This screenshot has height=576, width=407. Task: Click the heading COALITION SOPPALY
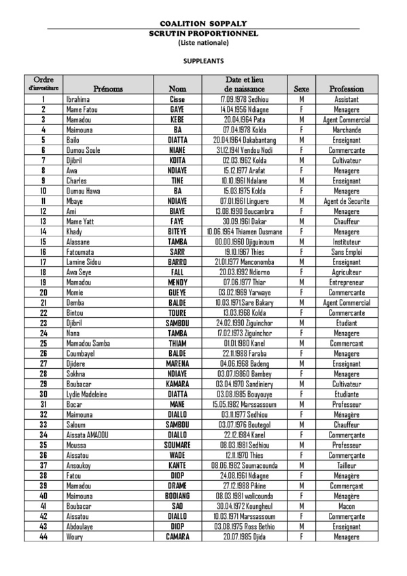click(x=203, y=23)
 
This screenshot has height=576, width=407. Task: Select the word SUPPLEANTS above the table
click(x=203, y=60)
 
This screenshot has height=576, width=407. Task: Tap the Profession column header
click(x=347, y=89)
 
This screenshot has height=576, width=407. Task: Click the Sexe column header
click(x=301, y=89)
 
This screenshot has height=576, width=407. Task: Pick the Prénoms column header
click(x=108, y=89)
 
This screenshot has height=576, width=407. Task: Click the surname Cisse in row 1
click(x=177, y=99)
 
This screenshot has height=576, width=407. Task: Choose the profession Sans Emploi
click(x=347, y=252)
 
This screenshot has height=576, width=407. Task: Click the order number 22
click(x=43, y=313)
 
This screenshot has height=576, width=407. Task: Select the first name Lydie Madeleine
click(x=88, y=395)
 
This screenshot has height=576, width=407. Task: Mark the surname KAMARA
click(x=177, y=384)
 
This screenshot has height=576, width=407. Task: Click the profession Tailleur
click(x=347, y=466)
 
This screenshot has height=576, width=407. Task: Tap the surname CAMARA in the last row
click(x=177, y=537)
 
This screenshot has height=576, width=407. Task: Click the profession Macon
click(x=347, y=507)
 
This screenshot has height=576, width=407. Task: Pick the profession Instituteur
click(x=347, y=242)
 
